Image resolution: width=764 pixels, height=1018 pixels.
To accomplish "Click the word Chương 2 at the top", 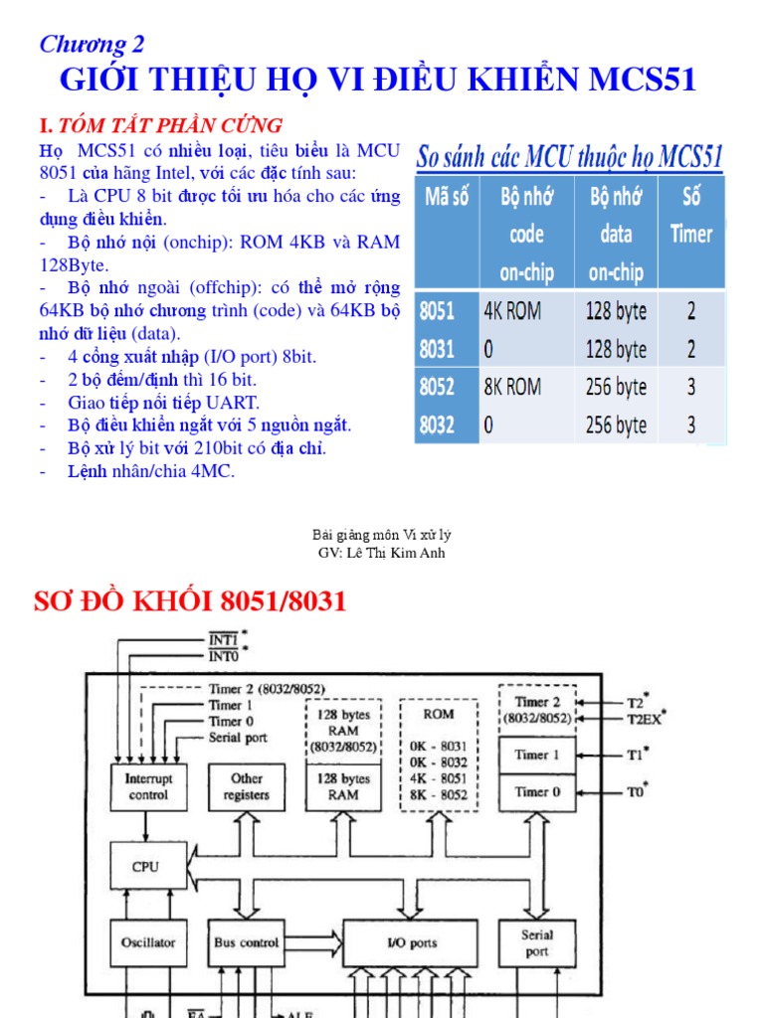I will click(92, 44).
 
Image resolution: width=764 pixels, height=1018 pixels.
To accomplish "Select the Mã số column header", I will click(446, 196).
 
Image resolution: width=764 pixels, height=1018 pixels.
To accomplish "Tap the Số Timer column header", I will click(690, 215).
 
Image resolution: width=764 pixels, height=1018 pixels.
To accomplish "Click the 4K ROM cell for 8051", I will click(512, 311).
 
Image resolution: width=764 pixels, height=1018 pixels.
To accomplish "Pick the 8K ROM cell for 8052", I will click(512, 387).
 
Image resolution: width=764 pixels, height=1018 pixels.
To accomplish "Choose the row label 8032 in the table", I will click(437, 425).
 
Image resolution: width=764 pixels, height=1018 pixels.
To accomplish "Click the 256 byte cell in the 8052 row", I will click(616, 387).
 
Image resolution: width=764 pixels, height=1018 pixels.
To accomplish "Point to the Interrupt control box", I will click(147, 786).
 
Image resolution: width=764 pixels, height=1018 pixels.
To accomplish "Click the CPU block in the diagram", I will click(145, 867).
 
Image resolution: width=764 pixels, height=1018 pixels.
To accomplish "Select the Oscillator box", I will click(147, 941).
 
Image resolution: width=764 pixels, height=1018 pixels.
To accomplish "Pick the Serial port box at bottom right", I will click(536, 942).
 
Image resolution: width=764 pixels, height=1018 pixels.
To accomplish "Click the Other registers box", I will click(246, 786).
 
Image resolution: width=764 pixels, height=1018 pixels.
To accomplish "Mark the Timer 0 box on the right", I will click(536, 792).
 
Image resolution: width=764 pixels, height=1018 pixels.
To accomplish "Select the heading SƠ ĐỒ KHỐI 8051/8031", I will click(190, 601).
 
